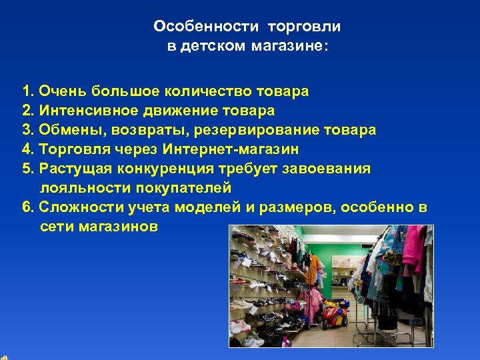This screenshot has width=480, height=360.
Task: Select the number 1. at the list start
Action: pos(28,91)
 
